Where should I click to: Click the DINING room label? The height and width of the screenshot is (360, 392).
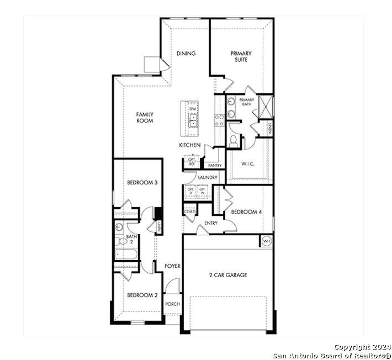tap(187, 54)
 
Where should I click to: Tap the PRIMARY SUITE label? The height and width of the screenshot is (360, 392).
tap(241, 56)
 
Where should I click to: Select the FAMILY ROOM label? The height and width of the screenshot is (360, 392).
tap(145, 117)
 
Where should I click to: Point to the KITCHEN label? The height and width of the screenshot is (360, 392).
tap(189, 145)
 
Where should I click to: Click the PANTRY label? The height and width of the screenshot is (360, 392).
tap(215, 165)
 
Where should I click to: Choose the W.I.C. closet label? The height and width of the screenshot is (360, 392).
tap(247, 163)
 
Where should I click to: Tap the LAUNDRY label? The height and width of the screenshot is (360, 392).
tap(207, 177)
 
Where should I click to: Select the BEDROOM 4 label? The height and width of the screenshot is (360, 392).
tap(246, 211)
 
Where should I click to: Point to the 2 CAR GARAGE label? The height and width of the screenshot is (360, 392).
tap(228, 275)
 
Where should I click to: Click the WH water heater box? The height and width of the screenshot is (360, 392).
tap(266, 241)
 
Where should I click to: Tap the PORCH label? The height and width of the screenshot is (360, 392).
tap(172, 304)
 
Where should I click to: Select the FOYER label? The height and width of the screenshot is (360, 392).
tap(172, 266)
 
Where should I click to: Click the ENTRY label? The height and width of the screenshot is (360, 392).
tap(211, 223)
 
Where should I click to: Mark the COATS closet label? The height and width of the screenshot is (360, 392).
tap(190, 211)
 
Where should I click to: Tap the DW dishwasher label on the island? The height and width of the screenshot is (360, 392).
tap(193, 109)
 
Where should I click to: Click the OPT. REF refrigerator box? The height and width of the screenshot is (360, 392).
tap(192, 162)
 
